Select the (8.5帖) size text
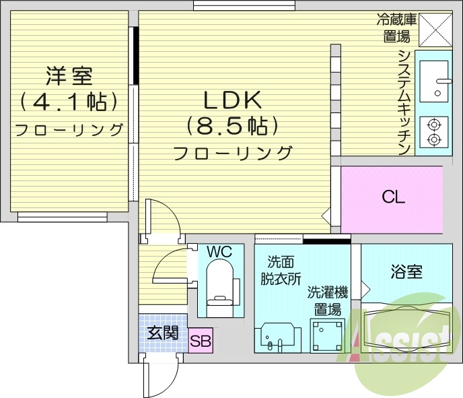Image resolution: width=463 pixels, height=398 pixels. coord(232,126)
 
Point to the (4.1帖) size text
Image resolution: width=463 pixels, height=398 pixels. coord(69,102)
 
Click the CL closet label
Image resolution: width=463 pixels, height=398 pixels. coord(393,198)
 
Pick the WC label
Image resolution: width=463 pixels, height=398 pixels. coord(219,252)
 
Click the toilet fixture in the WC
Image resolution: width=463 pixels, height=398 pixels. coord(218,287)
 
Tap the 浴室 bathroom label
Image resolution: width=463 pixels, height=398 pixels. coord(406,272)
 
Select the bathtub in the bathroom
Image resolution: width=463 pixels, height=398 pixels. coord(406,330)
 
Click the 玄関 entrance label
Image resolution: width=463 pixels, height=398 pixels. coord(163,332)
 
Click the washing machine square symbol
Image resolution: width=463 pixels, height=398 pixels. coord(326,335)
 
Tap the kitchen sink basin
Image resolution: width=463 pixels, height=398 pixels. coord(434,81)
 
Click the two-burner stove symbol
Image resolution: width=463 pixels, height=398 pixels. coord(434,132)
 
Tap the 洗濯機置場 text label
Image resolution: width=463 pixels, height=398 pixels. coord(328,301)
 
